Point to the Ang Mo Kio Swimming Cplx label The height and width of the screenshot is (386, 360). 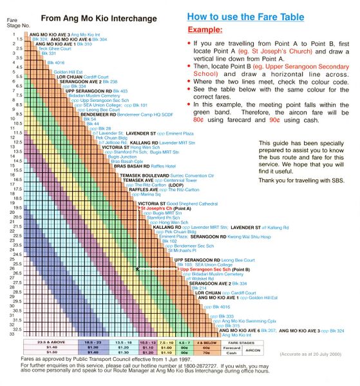(249, 320)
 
